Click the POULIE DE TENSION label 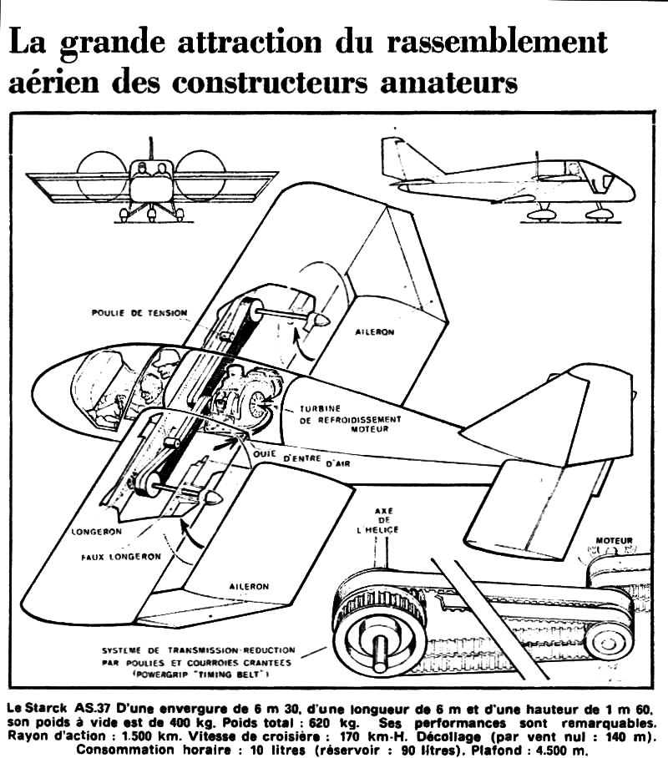[139, 313]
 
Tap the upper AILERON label [374, 332]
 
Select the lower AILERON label [249, 586]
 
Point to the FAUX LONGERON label [121, 557]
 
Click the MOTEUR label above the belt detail [614, 540]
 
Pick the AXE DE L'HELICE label [384, 520]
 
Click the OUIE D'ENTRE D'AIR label [301, 459]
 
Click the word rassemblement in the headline [497, 41]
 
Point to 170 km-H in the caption [369, 737]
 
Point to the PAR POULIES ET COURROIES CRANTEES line [197, 662]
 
